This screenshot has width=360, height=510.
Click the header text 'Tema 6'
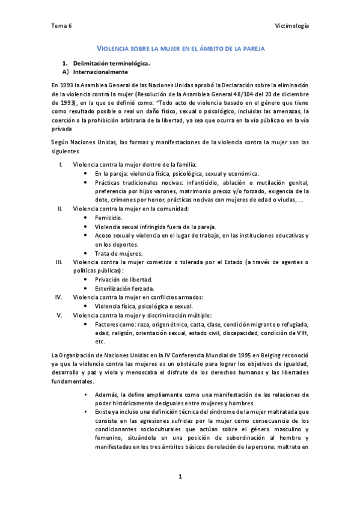coord(61,26)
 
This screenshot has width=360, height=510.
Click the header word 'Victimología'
coord(293,26)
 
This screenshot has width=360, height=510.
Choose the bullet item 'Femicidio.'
coord(109,218)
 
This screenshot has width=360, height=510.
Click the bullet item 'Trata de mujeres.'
coord(118,253)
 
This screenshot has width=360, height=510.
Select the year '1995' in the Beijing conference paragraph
coord(212,355)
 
